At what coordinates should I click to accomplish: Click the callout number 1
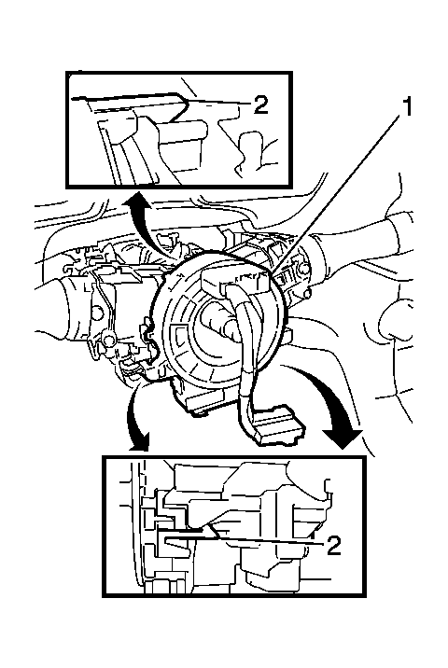pyautogui.click(x=408, y=106)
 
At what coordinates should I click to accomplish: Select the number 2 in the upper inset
pyautogui.click(x=260, y=104)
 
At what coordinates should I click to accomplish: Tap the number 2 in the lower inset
pyautogui.click(x=334, y=545)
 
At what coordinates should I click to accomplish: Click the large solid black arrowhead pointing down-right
pyautogui.click(x=343, y=438)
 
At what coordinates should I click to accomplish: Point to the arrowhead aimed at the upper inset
pyautogui.click(x=137, y=200)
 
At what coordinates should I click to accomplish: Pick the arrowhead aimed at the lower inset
pyautogui.click(x=140, y=442)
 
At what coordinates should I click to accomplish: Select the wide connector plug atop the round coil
pyautogui.click(x=235, y=283)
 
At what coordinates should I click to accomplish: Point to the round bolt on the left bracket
pyautogui.click(x=109, y=340)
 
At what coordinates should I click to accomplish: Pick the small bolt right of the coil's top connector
pyautogui.click(x=303, y=267)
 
